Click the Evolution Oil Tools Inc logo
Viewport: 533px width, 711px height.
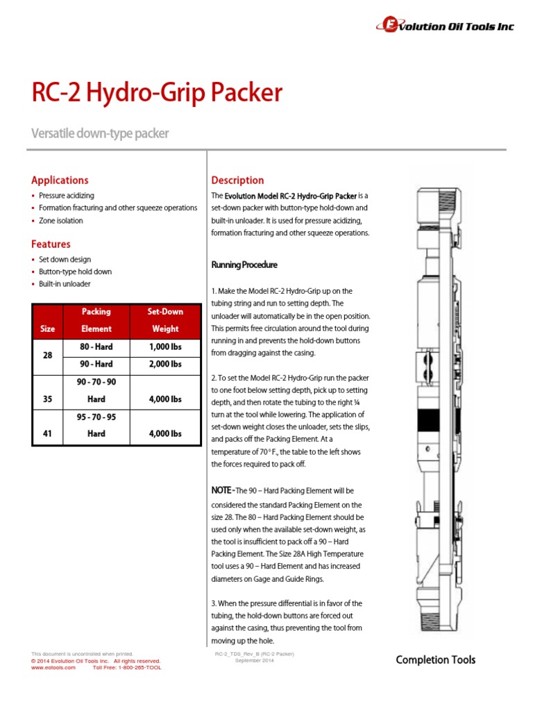click(445, 26)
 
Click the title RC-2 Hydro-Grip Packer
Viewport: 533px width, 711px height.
click(157, 92)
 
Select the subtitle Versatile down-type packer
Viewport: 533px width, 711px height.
click(100, 133)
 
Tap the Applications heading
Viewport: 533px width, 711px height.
click(60, 180)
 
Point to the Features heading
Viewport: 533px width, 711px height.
click(51, 244)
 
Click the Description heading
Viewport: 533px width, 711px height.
click(237, 180)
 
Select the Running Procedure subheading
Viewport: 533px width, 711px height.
click(244, 265)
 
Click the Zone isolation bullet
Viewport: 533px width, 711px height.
click(61, 221)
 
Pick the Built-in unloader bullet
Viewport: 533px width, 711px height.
click(65, 284)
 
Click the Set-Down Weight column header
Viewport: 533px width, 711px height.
click(165, 320)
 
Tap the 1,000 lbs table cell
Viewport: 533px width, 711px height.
click(165, 346)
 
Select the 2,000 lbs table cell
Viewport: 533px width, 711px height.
click(165, 364)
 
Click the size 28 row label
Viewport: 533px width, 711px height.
click(48, 355)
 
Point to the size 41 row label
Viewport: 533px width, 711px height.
click(48, 433)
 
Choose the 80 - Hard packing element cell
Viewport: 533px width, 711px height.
click(96, 346)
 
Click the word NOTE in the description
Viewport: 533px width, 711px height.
click(222, 491)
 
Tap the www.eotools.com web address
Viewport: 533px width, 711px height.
click(53, 667)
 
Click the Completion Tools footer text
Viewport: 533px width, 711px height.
click(436, 660)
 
